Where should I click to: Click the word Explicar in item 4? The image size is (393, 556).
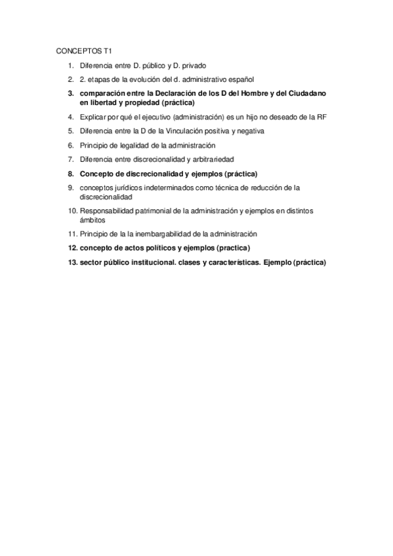[93, 117]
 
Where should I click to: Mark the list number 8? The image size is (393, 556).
[72, 174]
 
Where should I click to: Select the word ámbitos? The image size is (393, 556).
[93, 220]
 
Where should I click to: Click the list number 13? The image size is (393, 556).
[73, 262]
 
